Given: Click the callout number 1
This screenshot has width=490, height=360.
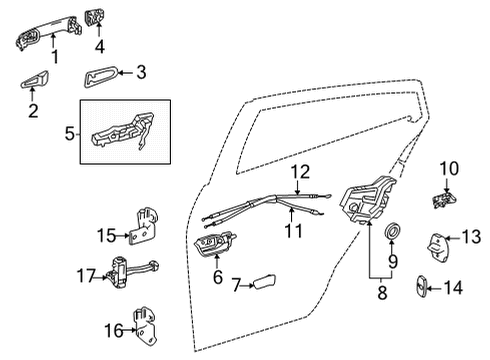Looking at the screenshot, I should [56, 58].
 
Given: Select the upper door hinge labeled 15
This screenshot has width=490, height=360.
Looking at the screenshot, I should [146, 228].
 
